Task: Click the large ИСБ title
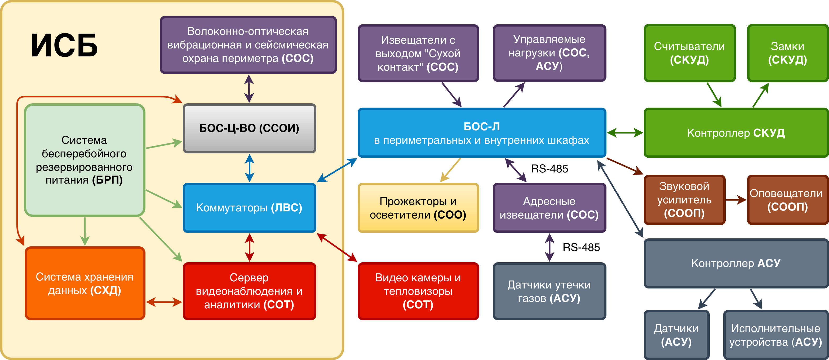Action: click(x=64, y=46)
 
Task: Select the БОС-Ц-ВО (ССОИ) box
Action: click(x=249, y=128)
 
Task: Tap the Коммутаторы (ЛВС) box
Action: click(x=249, y=207)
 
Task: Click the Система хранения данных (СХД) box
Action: click(x=85, y=283)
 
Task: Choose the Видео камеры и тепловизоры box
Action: click(x=418, y=291)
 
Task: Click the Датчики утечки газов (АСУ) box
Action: click(x=549, y=291)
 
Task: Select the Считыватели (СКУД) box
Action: click(x=689, y=53)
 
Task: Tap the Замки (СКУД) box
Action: click(x=787, y=53)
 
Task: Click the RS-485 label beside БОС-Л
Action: click(x=549, y=168)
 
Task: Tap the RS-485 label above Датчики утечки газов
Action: click(x=581, y=247)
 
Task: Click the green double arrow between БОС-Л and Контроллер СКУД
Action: click(x=625, y=132)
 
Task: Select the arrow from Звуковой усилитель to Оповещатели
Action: click(x=736, y=200)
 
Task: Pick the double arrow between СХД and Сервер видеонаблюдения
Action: click(x=164, y=302)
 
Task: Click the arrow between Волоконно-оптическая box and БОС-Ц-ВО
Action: click(x=249, y=88)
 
